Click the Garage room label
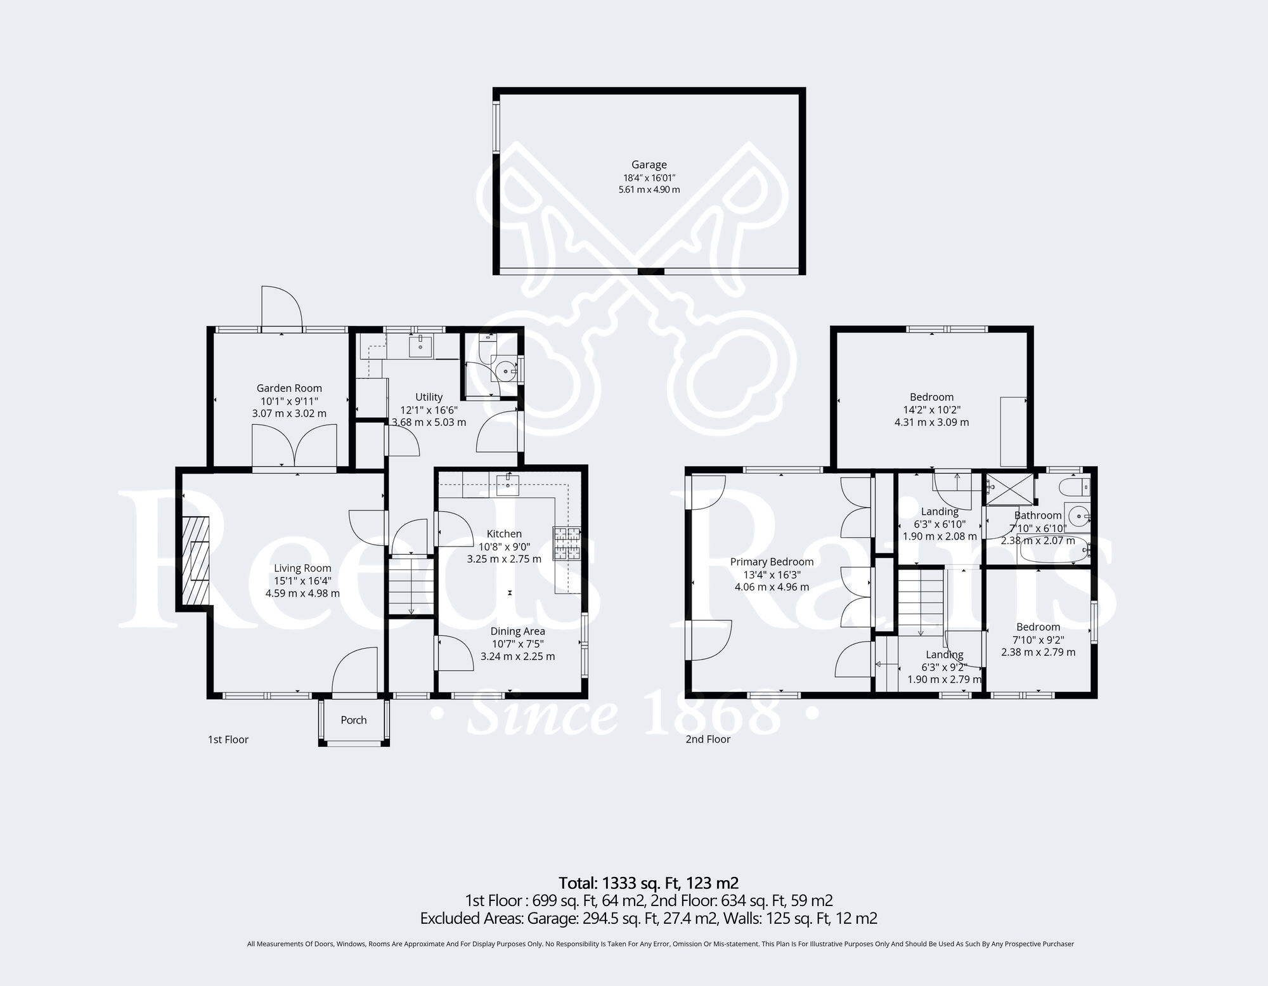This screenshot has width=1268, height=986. pyautogui.click(x=649, y=165)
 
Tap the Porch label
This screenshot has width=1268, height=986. pyautogui.click(x=353, y=720)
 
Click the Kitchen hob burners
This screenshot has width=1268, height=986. pyautogui.click(x=567, y=543)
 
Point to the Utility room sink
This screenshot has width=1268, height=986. pyautogui.click(x=420, y=346)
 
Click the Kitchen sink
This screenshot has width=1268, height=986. pyautogui.click(x=508, y=485)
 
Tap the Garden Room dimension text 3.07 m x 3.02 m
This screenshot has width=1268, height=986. pyautogui.click(x=289, y=413)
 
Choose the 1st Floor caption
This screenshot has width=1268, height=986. pyautogui.click(x=228, y=739)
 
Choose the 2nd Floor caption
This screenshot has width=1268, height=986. pyautogui.click(x=708, y=739)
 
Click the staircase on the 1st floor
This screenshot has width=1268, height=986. pyautogui.click(x=410, y=587)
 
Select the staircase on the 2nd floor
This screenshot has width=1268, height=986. pyautogui.click(x=921, y=602)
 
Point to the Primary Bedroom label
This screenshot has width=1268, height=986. pyautogui.click(x=772, y=562)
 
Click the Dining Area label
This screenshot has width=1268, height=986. pyautogui.click(x=517, y=631)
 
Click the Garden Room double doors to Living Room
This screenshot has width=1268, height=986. pyautogui.click(x=294, y=447)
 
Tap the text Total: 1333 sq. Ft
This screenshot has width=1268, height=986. pyautogui.click(x=648, y=883)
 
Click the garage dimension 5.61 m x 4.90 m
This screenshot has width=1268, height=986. pyautogui.click(x=649, y=190)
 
